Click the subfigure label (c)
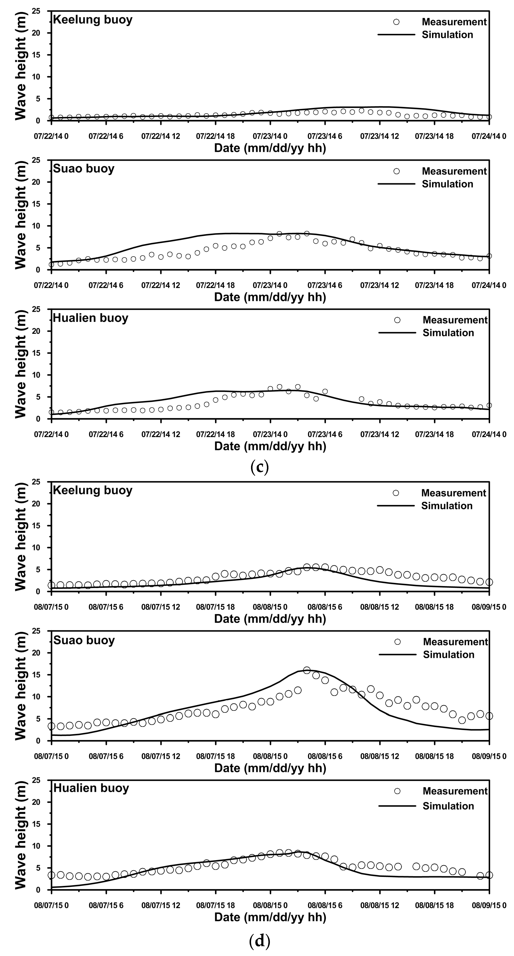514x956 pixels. click(259, 467)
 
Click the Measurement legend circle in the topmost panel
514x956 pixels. click(396, 22)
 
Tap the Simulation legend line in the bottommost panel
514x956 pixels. click(397, 806)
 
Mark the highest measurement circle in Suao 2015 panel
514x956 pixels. click(306, 670)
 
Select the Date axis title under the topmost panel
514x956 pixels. click(270, 148)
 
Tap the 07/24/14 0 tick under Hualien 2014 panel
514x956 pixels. click(489, 434)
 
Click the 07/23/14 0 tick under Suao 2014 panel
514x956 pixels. click(270, 285)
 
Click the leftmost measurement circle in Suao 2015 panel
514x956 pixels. click(52, 726)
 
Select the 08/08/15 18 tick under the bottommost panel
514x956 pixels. click(434, 906)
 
